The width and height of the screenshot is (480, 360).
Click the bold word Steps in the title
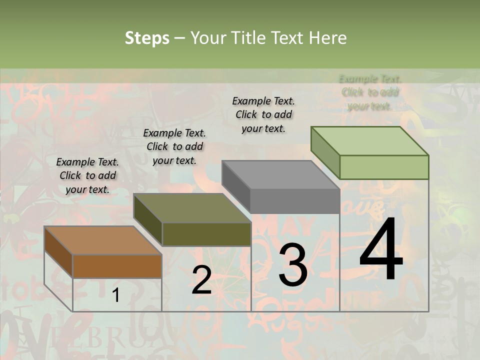(146, 38)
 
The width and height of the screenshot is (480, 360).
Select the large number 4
(381, 250)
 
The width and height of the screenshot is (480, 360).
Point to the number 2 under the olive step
(201, 280)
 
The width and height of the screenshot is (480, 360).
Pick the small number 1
(115, 295)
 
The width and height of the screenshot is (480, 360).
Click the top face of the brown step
(102, 240)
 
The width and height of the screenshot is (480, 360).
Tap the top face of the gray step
(280, 175)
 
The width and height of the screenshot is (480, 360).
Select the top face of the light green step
(369, 141)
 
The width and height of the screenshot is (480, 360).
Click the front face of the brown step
(117, 266)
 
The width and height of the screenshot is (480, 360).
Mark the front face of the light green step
(384, 167)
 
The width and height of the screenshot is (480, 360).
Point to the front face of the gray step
(295, 201)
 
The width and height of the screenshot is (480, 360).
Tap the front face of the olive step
(206, 234)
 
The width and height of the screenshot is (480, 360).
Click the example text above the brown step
(87, 175)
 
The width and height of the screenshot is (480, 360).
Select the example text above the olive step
(174, 146)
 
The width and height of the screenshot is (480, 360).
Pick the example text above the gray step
(263, 114)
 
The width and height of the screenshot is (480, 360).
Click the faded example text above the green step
(370, 92)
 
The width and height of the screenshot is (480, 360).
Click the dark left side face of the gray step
(235, 186)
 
